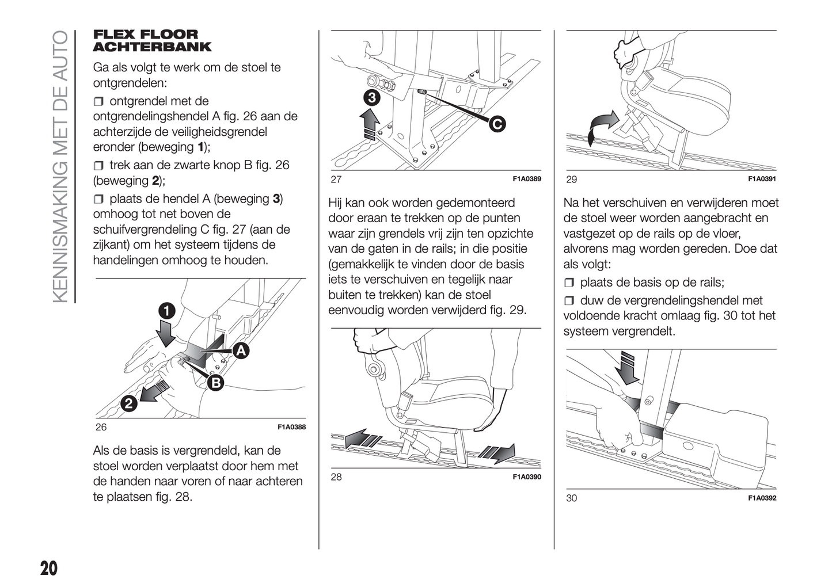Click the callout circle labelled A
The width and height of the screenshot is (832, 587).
241,350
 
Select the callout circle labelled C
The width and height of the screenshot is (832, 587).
497,124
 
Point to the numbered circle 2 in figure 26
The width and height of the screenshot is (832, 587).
129,403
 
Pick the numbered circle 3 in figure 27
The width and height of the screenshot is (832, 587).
372,98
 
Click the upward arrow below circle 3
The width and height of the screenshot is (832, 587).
369,124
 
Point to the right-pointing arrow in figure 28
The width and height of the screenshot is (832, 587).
496,453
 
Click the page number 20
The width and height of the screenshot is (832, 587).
49,569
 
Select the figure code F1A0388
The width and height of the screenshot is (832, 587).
291,427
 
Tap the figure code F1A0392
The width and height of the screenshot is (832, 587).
762,498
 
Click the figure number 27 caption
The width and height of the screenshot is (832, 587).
336,179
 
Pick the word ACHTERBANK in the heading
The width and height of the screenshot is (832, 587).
152,47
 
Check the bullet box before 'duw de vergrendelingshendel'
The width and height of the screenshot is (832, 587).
569,301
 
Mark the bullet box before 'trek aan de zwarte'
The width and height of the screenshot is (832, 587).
98,166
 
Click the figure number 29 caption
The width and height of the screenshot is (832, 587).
571,179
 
